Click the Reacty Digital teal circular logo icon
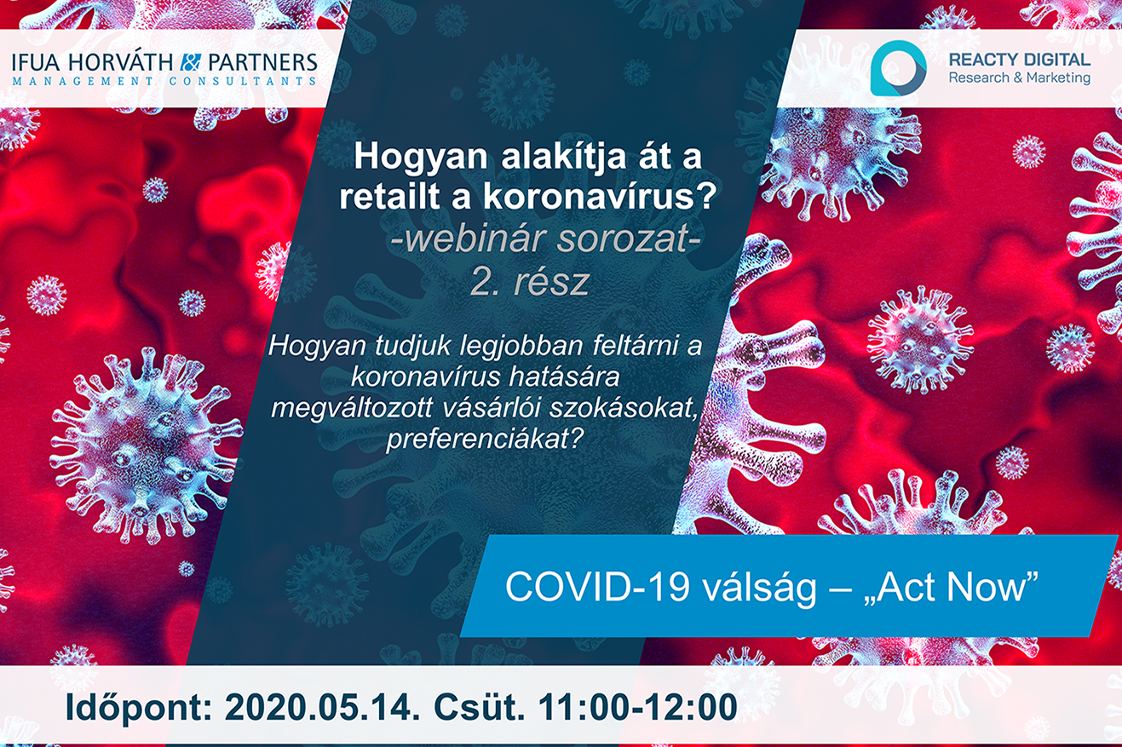898,68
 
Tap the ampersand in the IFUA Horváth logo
190,62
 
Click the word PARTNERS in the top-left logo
262,62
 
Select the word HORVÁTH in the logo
121,61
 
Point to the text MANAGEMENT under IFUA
83,81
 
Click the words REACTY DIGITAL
1019,60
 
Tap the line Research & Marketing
1019,78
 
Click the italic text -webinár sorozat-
545,238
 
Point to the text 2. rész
529,281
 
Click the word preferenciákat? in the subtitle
485,440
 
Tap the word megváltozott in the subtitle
351,409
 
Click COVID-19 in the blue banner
598,587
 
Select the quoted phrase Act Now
952,586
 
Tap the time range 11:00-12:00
637,708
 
